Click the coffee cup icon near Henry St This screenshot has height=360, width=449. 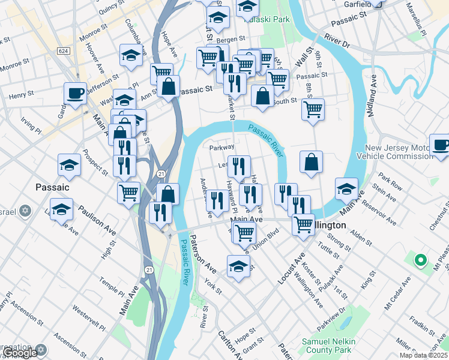pos(76,93)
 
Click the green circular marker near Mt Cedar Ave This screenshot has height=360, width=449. pos(421,260)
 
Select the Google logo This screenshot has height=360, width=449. pos(19,353)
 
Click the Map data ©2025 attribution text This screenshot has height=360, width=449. pos(424,355)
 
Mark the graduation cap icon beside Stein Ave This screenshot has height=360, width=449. pos(346,189)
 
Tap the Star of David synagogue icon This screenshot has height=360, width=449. pos(25,211)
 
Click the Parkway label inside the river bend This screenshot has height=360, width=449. pos(221,147)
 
